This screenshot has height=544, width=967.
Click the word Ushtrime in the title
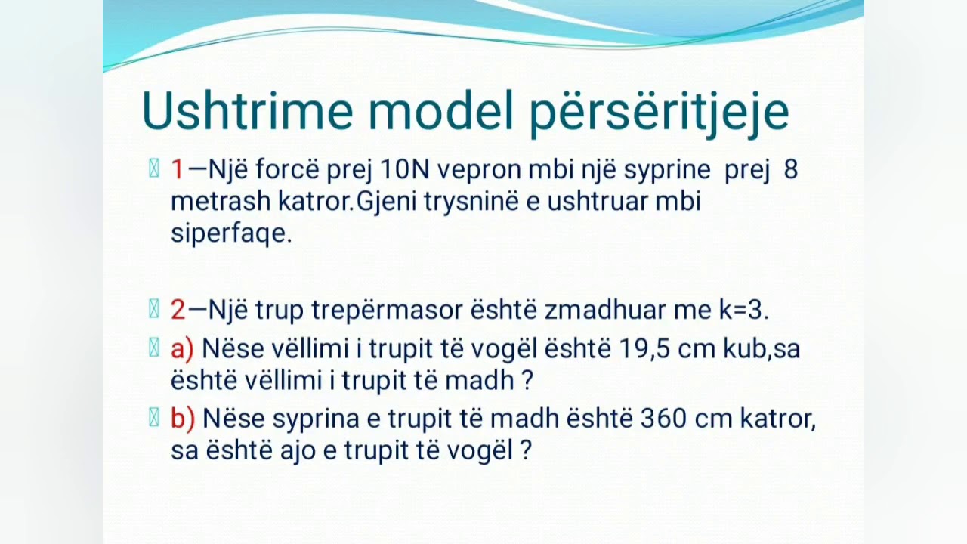[247, 111]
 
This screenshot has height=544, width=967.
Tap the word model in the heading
[439, 111]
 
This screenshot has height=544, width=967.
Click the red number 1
[178, 170]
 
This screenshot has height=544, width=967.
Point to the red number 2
[178, 310]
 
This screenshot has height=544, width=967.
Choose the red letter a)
[182, 348]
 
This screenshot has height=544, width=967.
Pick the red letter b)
[183, 418]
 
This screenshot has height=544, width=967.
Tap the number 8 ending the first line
[791, 170]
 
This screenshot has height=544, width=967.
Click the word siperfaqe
[230, 233]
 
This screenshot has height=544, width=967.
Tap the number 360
[664, 418]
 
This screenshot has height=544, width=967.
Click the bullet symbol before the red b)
[154, 418]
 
